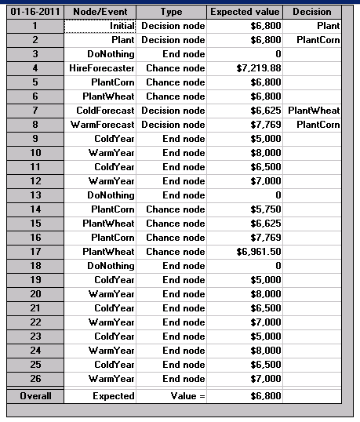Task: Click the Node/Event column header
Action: pos(100,12)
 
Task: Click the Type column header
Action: pos(170,12)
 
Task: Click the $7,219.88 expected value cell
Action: pos(246,68)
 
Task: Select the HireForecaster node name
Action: pos(101,68)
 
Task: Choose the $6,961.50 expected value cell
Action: pos(246,252)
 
